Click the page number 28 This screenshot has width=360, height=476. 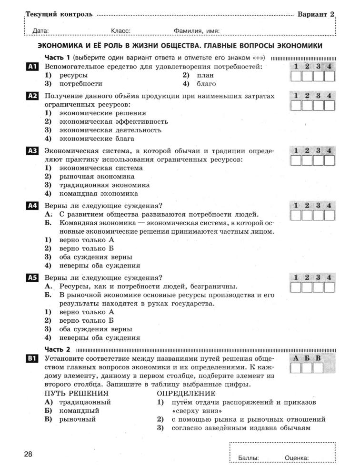[x=28, y=454]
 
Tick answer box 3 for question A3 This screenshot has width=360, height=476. [x=318, y=160]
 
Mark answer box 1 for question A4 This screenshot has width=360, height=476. [x=296, y=216]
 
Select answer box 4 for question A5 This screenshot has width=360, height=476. [x=329, y=287]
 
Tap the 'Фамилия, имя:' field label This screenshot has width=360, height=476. [x=197, y=31]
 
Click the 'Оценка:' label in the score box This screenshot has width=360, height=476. [x=297, y=458]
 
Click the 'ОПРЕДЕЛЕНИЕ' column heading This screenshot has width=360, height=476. [x=186, y=393]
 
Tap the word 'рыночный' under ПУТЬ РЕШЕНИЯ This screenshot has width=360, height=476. [x=77, y=419]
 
